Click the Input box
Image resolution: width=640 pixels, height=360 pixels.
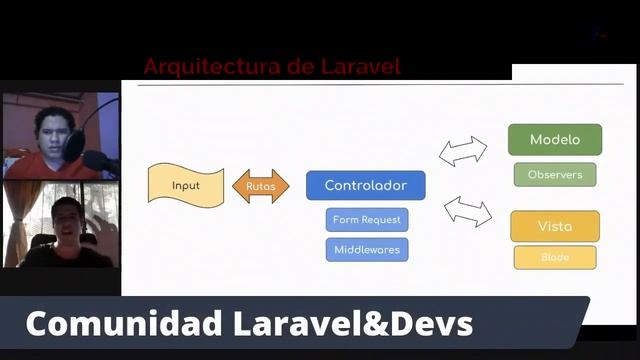(185, 185)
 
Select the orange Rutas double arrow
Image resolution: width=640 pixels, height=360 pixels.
(260, 186)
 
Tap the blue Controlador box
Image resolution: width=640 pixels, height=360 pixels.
(365, 185)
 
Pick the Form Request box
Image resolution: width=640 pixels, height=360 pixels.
(366, 220)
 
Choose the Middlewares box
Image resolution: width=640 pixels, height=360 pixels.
(366, 249)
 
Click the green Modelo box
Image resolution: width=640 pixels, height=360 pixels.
(555, 140)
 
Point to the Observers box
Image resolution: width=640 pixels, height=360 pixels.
(555, 174)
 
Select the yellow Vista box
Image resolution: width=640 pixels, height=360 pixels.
(555, 226)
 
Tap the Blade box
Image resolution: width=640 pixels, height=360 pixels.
(555, 257)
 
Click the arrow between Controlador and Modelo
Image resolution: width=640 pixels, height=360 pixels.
(463, 151)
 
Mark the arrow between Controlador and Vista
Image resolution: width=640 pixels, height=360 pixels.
(468, 210)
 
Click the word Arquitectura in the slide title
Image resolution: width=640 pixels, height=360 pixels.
(200, 67)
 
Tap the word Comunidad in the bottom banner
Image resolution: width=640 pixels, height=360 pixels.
(112, 324)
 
